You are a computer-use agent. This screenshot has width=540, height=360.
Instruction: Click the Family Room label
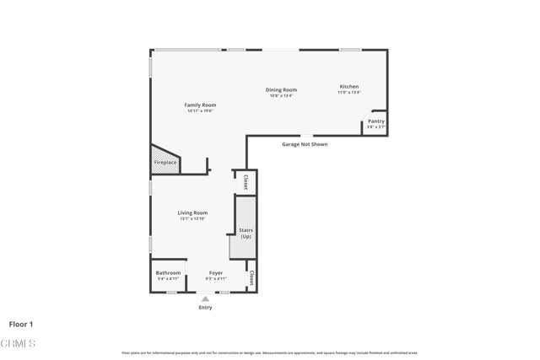[200, 105]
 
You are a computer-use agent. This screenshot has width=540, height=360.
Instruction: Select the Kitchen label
[349, 87]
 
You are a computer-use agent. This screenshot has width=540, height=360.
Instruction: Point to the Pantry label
[375, 121]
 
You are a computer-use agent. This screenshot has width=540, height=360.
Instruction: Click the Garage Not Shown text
[305, 144]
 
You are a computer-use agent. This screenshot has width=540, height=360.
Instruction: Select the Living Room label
[192, 212]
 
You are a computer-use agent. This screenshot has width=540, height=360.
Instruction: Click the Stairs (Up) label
[246, 233]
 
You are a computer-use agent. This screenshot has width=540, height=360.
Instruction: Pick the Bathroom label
[168, 272]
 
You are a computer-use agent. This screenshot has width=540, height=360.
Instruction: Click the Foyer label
[216, 272]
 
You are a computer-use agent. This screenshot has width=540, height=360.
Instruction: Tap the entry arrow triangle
[205, 298]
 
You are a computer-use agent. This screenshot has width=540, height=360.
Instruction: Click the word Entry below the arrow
[205, 307]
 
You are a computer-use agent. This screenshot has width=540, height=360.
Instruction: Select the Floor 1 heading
[21, 324]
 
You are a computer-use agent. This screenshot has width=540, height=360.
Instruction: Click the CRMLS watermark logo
[19, 343]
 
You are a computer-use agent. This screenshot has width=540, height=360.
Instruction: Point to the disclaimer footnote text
[269, 352]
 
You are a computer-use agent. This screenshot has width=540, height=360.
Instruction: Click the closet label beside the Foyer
[251, 277]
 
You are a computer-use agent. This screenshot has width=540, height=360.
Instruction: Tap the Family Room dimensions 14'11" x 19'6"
[200, 110]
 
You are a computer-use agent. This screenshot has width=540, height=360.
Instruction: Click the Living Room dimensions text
[192, 218]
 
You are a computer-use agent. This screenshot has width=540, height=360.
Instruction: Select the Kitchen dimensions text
[349, 93]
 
